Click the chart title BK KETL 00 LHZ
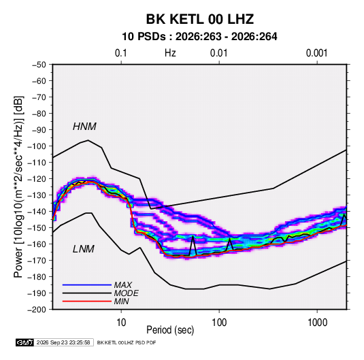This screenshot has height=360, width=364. pos(200,19)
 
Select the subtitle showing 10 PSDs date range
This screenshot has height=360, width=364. pos(199,37)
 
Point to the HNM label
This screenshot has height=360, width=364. pos(84,127)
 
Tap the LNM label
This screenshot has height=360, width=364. pos(84,249)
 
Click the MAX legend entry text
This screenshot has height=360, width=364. pos(123,284)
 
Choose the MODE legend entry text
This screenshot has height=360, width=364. pos(127,293)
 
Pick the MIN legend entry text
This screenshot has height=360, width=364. pos(121,301)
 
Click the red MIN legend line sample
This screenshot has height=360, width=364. pos(87,301)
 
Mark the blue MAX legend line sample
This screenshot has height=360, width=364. pos(87,284)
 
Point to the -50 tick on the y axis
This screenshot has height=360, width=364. pos(39,65)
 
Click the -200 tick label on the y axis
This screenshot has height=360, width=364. pos(37,310)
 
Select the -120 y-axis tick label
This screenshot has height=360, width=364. pos(37,179)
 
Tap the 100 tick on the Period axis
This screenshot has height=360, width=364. pos(219,323)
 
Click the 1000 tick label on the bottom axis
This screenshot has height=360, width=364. pos(317,323)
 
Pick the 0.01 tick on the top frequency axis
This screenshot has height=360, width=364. pos(219,53)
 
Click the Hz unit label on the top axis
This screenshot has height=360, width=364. pos(170,53)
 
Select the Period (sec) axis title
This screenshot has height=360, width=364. pos(170,330)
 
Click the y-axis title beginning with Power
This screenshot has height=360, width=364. pos(18,187)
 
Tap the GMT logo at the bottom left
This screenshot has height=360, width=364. pos(25,342)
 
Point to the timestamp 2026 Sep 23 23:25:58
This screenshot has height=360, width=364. pos(63,342)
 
